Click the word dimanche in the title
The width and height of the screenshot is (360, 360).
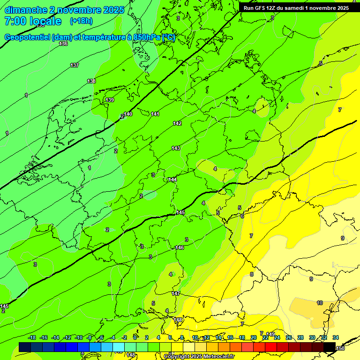(25, 10)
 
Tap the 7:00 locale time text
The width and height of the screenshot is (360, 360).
(32, 21)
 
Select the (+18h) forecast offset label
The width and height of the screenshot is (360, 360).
(81, 21)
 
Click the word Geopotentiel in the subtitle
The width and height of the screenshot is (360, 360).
(28, 37)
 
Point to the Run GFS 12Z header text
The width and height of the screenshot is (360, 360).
(261, 8)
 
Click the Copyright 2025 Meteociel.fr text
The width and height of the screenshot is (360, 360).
(200, 357)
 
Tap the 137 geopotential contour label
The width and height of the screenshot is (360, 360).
(75, 65)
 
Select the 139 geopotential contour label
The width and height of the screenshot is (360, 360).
(110, 100)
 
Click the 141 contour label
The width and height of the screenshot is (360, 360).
(155, 114)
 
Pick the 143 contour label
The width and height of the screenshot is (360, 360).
(176, 148)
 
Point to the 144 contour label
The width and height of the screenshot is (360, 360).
(172, 180)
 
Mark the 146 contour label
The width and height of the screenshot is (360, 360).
(180, 247)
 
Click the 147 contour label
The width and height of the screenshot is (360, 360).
(176, 293)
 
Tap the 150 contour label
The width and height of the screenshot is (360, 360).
(340, 348)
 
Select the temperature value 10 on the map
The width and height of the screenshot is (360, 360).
(320, 303)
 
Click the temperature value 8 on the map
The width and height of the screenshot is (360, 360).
(251, 274)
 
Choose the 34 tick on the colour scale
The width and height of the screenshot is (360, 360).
(336, 337)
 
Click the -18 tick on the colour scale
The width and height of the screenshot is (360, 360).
(32, 337)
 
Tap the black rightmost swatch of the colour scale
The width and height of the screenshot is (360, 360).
(329, 346)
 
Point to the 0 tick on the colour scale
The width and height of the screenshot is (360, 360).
(135, 337)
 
